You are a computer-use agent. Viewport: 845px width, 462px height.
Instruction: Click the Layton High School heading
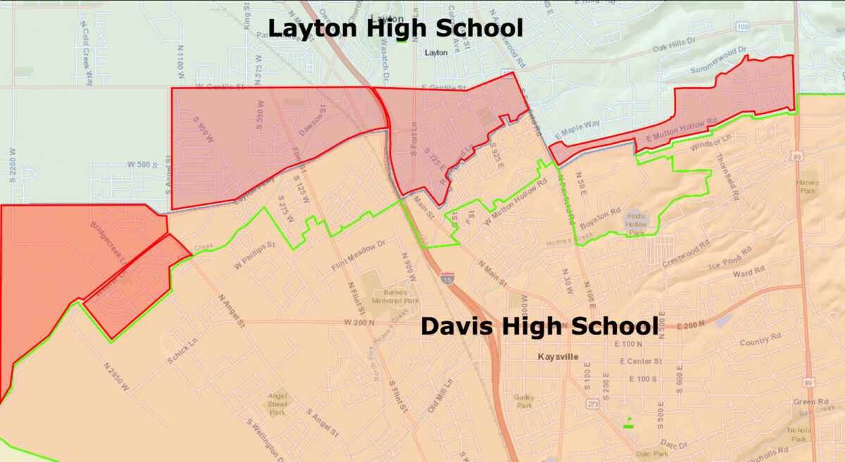pyautogui.click(x=395, y=29)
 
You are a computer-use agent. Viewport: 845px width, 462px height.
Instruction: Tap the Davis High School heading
pyautogui.click(x=539, y=327)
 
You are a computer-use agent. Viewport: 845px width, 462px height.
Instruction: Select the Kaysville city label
pyautogui.click(x=556, y=357)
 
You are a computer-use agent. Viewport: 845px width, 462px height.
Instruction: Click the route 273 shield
pyautogui.click(x=594, y=404)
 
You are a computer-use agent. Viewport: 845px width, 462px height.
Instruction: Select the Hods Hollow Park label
pyautogui.click(x=636, y=224)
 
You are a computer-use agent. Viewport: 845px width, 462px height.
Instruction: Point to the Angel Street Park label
pyautogui.click(x=277, y=404)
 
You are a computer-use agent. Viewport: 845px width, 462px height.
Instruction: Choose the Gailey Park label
pyautogui.click(x=524, y=401)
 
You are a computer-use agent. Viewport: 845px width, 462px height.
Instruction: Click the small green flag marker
pyautogui.click(x=629, y=423)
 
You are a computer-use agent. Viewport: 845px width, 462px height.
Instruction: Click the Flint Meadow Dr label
pyautogui.click(x=358, y=256)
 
